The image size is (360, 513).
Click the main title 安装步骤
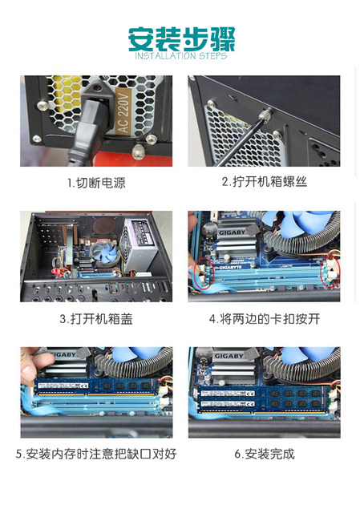click(182, 39)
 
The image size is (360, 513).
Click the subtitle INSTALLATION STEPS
click(181, 55)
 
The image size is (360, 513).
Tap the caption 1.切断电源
click(96, 183)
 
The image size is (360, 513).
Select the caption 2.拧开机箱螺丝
click(264, 182)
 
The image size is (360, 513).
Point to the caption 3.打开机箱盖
click(96, 318)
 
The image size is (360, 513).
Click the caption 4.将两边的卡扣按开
click(265, 318)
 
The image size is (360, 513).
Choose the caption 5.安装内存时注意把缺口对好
click(96, 454)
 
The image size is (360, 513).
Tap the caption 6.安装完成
click(265, 454)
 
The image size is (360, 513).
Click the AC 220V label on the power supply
click(123, 111)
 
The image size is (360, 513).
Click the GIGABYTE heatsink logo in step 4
click(232, 233)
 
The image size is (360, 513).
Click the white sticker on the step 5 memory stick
click(63, 386)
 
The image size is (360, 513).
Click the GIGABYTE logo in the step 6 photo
click(229, 356)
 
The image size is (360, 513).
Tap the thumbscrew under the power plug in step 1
click(139, 151)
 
